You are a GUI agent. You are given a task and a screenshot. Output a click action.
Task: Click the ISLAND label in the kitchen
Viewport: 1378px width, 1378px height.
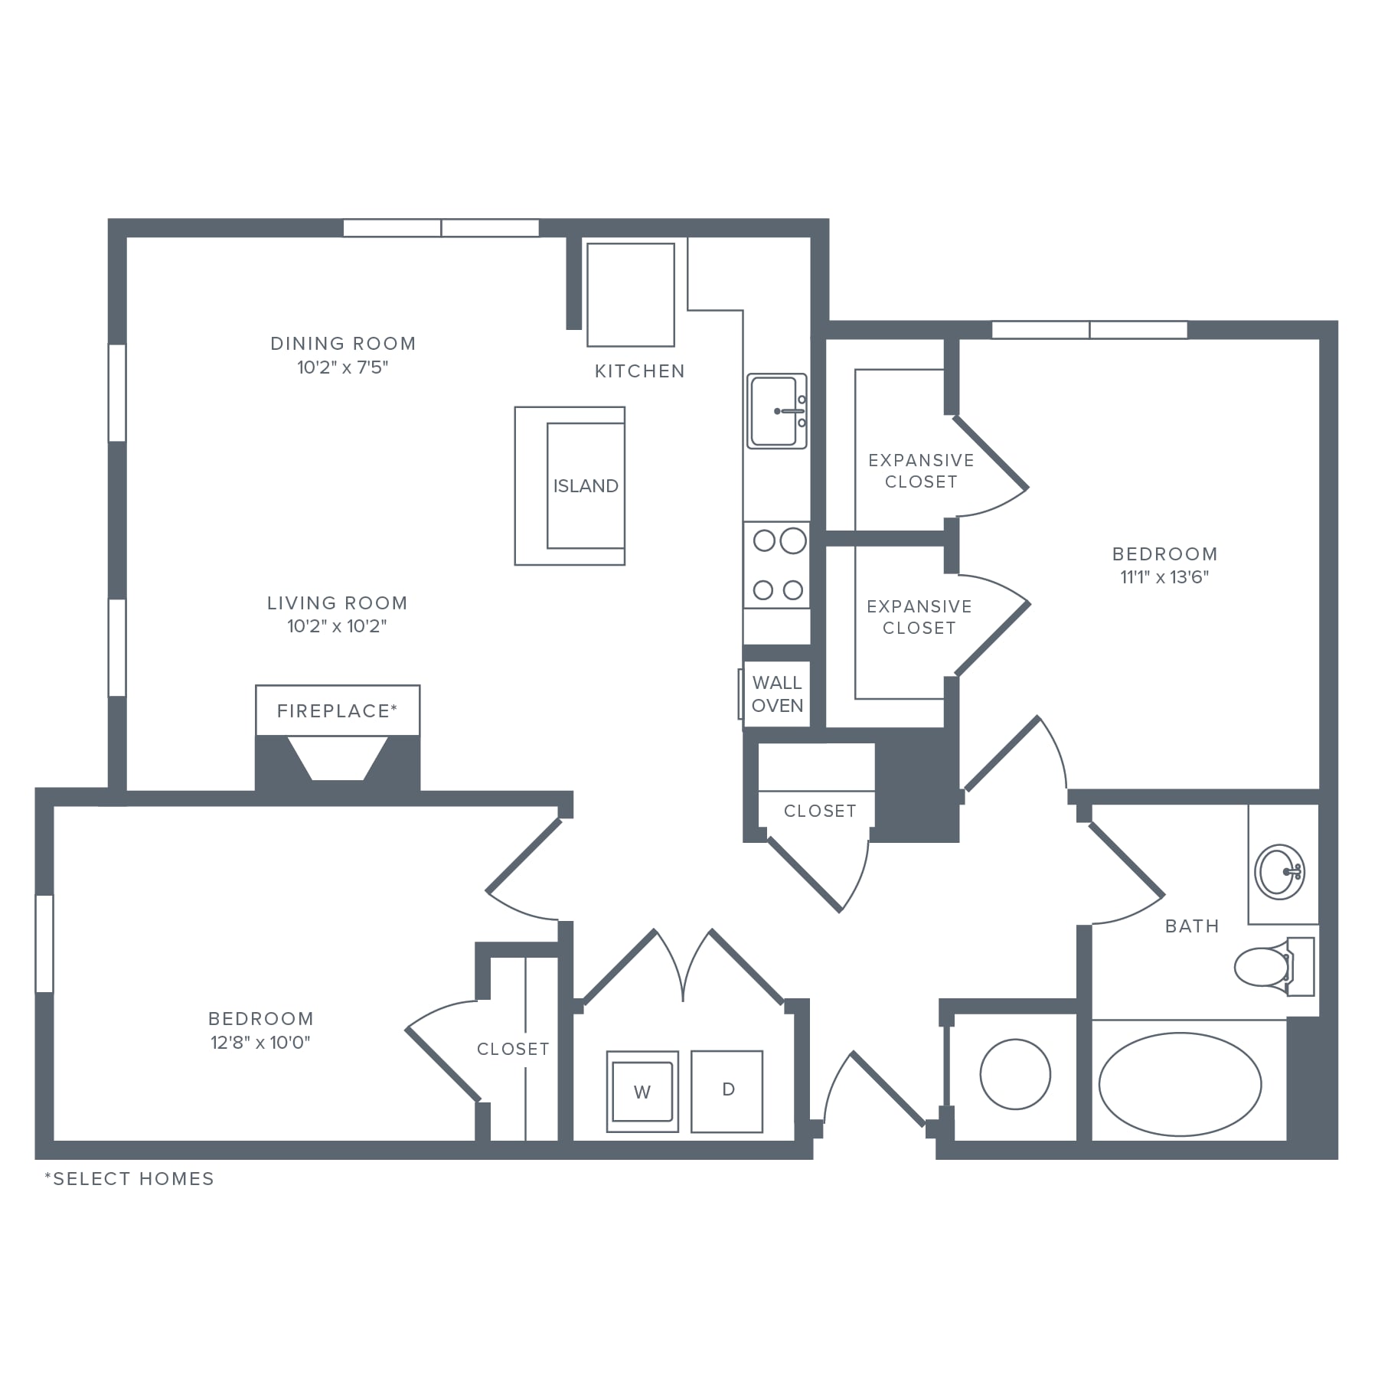[586, 486]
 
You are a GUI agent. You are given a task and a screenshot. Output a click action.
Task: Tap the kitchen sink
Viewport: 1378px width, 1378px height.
[777, 411]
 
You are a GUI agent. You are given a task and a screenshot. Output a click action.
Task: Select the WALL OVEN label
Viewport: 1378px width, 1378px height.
[777, 694]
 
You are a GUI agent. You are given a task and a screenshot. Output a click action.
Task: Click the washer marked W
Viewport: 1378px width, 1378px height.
[642, 1092]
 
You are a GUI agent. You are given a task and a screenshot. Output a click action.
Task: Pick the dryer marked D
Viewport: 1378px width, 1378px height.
[727, 1091]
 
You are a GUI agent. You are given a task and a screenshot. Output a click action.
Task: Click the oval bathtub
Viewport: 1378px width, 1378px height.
[1180, 1084]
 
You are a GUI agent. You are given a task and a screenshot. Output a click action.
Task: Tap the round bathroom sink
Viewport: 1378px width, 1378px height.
[1280, 871]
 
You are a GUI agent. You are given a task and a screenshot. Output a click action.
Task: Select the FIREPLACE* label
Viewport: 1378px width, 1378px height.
[338, 711]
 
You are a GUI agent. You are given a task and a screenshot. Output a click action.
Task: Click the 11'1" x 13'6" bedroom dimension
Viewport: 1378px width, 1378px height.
[1164, 577]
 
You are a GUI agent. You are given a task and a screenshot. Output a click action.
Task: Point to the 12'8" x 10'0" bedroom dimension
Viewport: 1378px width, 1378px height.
[261, 1042]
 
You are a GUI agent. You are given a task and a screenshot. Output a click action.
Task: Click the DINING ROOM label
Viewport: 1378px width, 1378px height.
[343, 344]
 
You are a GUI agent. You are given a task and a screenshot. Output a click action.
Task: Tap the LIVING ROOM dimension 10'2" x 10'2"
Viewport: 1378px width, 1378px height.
[337, 626]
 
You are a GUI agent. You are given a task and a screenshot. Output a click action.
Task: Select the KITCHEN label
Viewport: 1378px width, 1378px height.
[640, 371]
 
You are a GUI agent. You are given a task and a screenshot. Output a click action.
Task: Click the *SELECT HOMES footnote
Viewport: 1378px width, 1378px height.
[129, 1178]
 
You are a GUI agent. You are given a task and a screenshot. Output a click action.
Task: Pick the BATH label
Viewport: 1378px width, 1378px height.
[1192, 926]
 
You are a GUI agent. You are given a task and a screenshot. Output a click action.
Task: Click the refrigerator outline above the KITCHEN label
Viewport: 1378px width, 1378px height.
[631, 295]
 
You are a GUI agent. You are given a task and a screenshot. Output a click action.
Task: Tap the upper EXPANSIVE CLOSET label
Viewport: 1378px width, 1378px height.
[921, 471]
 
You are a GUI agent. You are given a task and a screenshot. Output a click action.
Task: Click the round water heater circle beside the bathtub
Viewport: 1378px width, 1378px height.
[1015, 1074]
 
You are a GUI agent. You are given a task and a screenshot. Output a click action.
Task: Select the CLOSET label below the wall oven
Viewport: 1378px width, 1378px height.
[820, 811]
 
